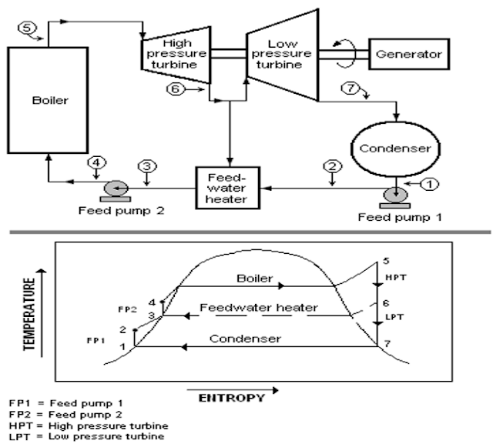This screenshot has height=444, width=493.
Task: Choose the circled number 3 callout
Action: (x=146, y=165)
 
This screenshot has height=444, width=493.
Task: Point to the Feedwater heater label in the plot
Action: (x=258, y=308)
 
